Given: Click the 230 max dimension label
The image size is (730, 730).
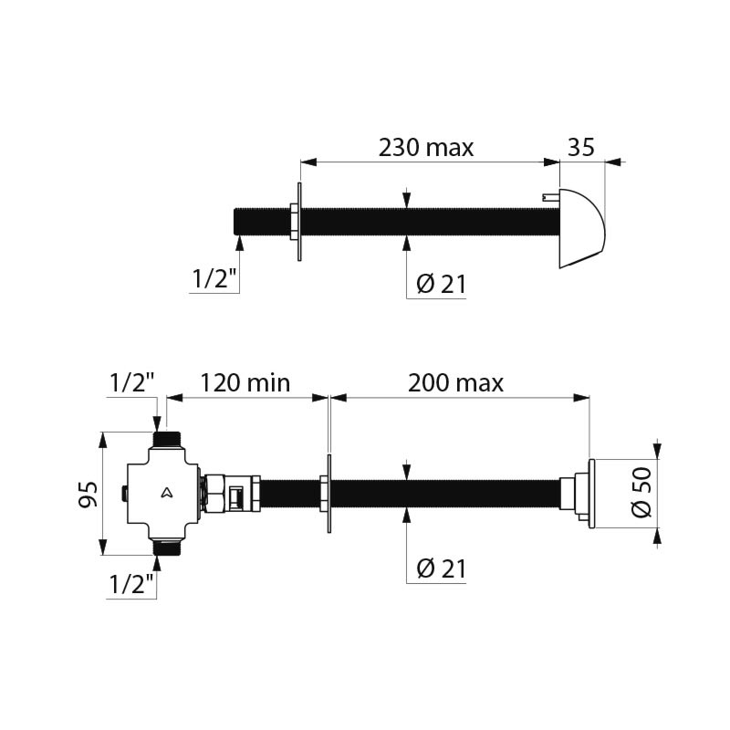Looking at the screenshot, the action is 425,148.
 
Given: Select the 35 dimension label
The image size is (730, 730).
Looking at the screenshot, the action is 581,147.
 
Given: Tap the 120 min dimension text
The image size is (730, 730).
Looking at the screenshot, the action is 245,383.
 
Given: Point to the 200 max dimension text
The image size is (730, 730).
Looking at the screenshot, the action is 455,383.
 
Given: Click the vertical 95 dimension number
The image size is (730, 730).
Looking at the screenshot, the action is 88,494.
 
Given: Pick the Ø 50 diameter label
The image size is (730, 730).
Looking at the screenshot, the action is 642,492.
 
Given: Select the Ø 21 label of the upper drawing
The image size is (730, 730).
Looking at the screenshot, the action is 441,284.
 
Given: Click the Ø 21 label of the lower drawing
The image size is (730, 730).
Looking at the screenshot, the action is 441,568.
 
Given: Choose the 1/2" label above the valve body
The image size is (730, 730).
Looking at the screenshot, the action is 131,383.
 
